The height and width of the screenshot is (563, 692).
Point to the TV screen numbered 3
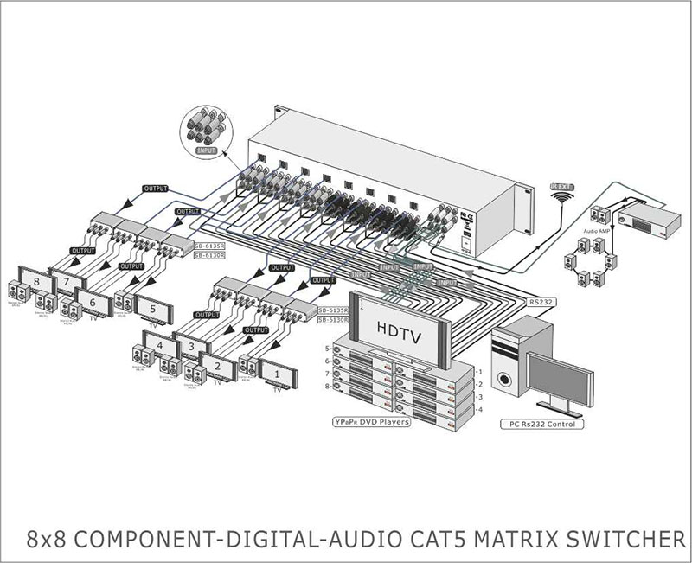click(190, 347)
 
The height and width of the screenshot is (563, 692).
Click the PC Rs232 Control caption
click(542, 425)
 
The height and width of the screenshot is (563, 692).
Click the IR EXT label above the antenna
click(564, 186)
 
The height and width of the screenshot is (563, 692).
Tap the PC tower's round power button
click(503, 378)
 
